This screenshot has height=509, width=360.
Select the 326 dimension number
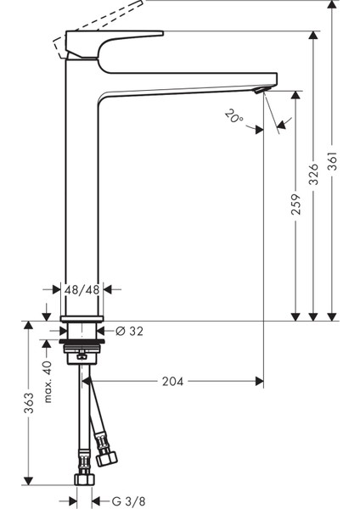314,173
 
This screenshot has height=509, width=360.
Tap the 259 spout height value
296,204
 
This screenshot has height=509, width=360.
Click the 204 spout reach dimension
173,382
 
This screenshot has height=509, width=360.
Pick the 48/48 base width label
82,289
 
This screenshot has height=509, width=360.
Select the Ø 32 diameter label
129,331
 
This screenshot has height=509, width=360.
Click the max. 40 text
48,381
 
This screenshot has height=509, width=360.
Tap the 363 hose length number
29,403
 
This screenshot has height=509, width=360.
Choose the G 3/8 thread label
128,501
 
